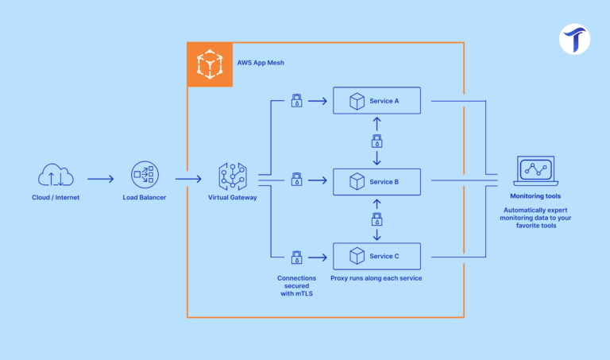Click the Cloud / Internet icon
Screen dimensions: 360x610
tap(56, 176)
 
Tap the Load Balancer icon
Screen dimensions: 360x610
tap(145, 176)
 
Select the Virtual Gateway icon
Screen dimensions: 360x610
tap(233, 176)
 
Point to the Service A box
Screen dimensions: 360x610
tap(376, 101)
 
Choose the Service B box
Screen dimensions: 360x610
tap(376, 181)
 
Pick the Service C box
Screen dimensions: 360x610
tap(376, 256)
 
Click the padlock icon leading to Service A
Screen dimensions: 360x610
tap(296, 101)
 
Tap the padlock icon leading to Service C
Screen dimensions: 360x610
tap(296, 256)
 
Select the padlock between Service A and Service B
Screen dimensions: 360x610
tap(377, 141)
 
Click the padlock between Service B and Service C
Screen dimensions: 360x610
tap(377, 218)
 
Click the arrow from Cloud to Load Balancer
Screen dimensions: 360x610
tap(100, 180)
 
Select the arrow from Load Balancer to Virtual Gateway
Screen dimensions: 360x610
tap(188, 180)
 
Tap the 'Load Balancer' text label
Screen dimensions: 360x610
tap(145, 197)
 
